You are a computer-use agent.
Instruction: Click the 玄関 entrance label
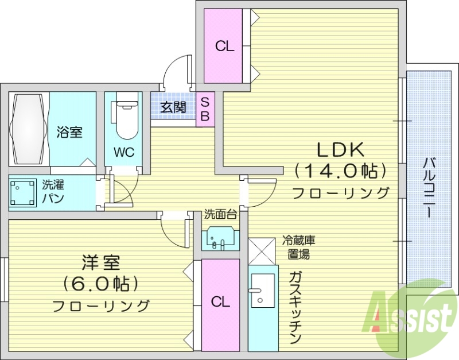click(173, 107)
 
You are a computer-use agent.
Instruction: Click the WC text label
click(123, 153)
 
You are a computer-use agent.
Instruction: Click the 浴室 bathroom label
click(69, 132)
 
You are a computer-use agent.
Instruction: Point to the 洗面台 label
click(221, 215)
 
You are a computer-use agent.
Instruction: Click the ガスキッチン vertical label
click(295, 307)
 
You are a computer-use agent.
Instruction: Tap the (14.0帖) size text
click(340, 170)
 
